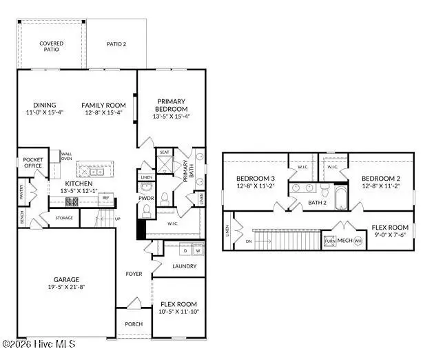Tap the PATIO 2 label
pos(116,44)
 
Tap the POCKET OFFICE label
pos(32,163)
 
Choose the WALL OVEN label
pos(67,157)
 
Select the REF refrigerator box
pos(105,198)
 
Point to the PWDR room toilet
pos(164,199)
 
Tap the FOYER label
pos(134,274)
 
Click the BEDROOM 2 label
pos(380,179)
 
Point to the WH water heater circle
pos(358,241)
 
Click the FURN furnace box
pos(331,241)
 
